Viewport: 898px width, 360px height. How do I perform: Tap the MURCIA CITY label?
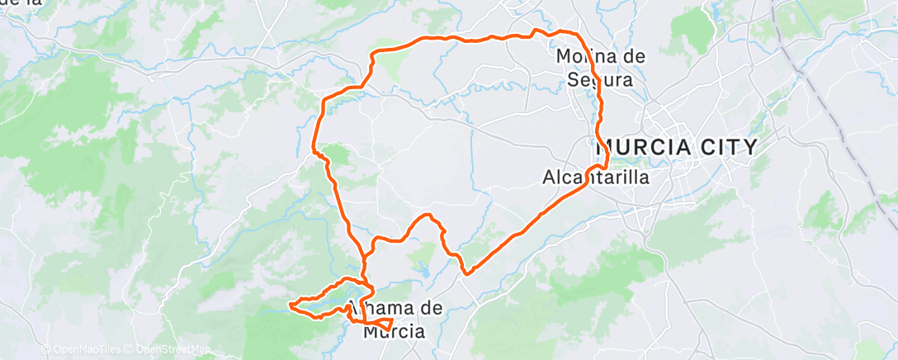(x=677, y=148)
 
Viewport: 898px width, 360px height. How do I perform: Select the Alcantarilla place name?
(x=595, y=177)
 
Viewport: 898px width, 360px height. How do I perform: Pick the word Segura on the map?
(x=600, y=80)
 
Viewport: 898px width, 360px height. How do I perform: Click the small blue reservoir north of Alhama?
(x=423, y=268)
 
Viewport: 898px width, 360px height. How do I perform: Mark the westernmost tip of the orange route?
(x=289, y=306)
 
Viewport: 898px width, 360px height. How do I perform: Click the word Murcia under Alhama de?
(x=395, y=332)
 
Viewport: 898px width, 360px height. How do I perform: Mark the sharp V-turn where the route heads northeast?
(x=466, y=272)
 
